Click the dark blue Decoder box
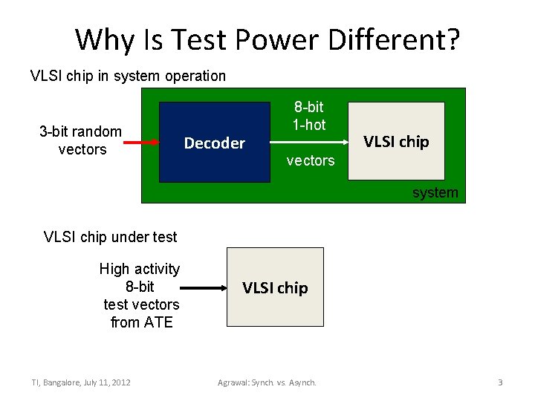click(x=214, y=143)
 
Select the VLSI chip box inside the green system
click(x=396, y=141)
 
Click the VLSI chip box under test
click(x=275, y=287)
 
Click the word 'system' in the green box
click(x=435, y=193)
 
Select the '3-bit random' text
click(x=80, y=132)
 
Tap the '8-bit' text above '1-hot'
click(x=308, y=108)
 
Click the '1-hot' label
click(x=308, y=125)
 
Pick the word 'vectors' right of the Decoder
click(x=311, y=160)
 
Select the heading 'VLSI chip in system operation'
click(x=128, y=76)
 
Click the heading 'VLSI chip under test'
click(x=110, y=238)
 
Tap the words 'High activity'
click(x=140, y=269)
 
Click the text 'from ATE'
click(x=141, y=322)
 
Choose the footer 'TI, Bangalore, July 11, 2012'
click(x=81, y=382)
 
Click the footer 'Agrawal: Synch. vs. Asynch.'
click(x=267, y=382)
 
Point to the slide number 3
click(x=500, y=382)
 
